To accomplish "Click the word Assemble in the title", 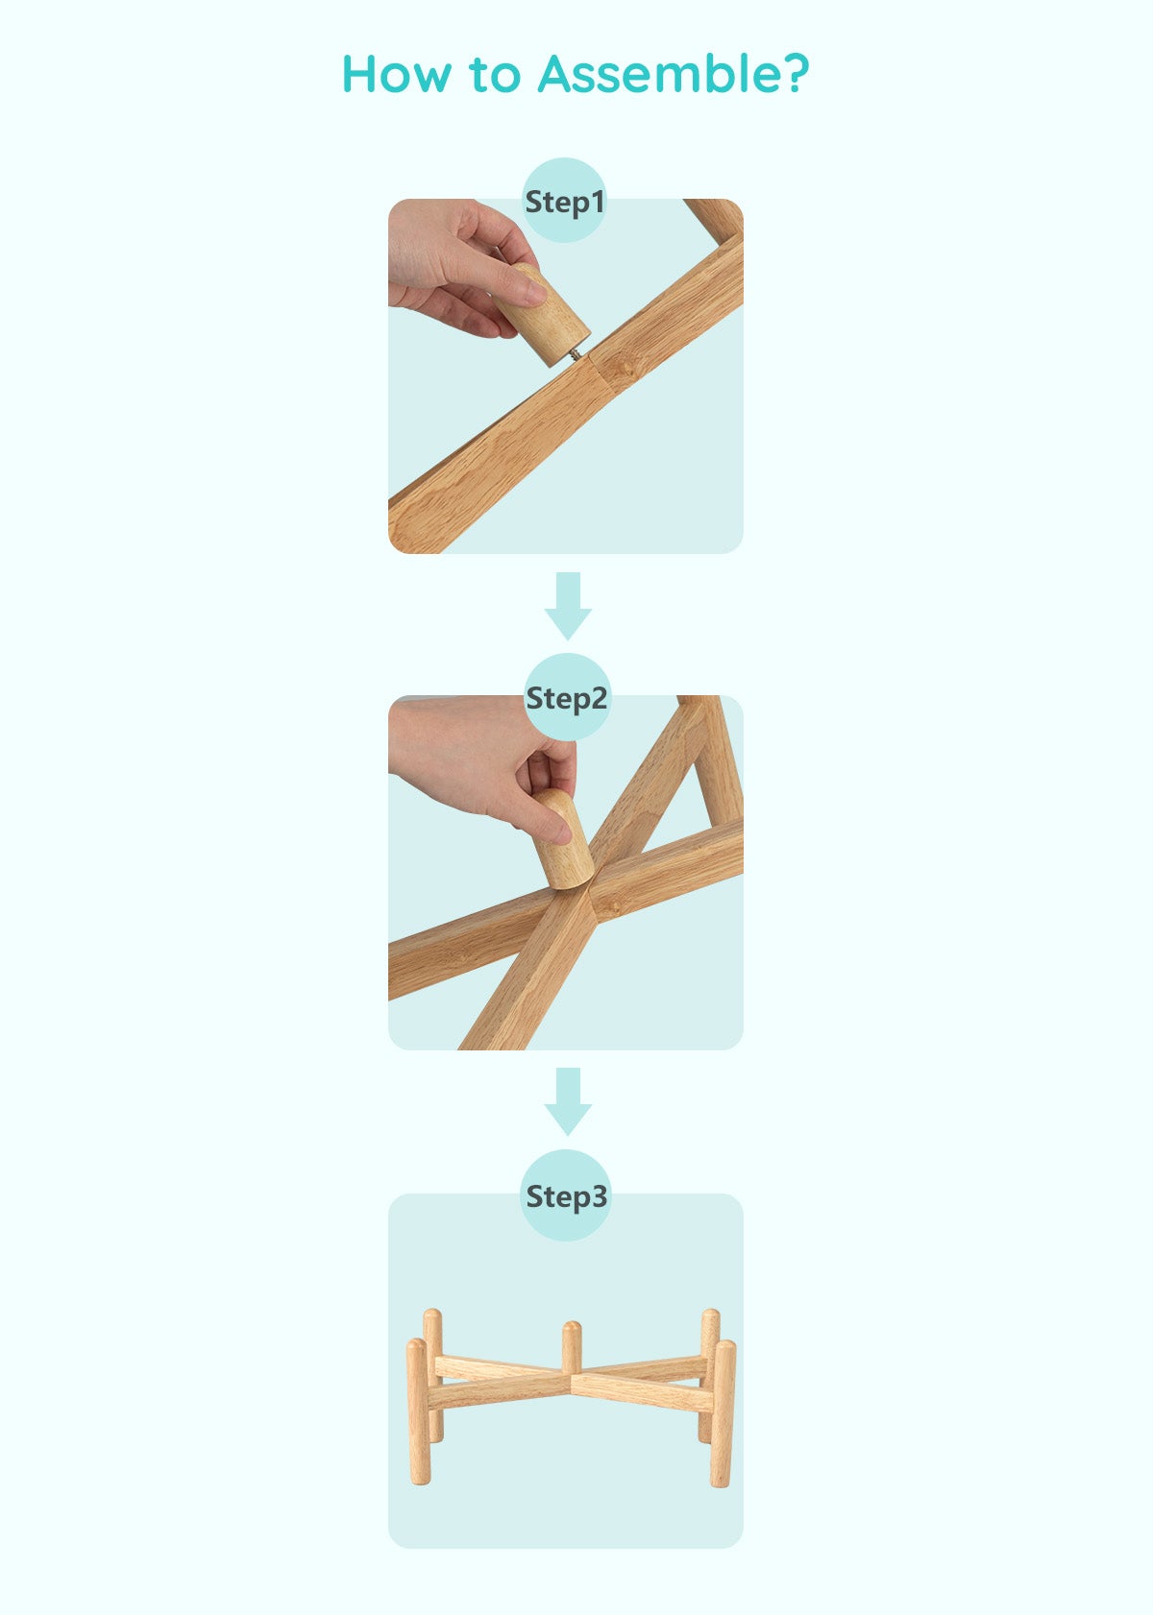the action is (x=658, y=74).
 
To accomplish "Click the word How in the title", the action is (x=396, y=74).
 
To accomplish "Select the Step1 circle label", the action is (x=564, y=201).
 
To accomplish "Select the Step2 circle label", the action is (x=566, y=697).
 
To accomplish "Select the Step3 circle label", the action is (x=566, y=1195).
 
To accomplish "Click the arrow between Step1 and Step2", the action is (x=568, y=606).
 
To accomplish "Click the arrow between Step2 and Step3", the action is (x=568, y=1101).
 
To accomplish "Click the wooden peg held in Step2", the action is (x=563, y=839).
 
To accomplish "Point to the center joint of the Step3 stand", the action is (x=572, y=1379).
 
